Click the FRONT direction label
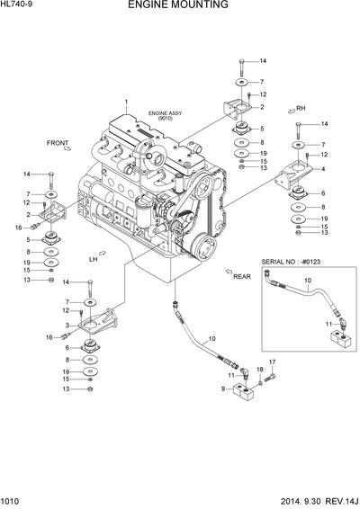pos(58,142)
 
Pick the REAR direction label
pos(241,277)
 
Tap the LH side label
pos(93,259)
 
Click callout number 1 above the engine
pos(127,101)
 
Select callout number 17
pos(271,362)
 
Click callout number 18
pos(259,370)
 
